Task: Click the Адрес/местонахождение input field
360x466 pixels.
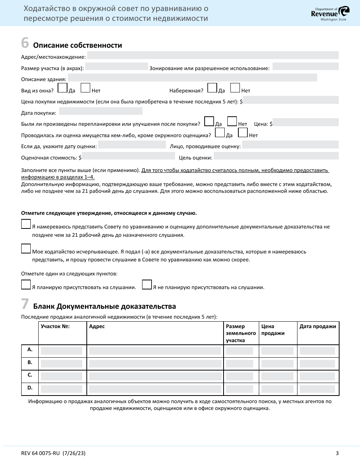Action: pyautogui.click(x=213, y=55)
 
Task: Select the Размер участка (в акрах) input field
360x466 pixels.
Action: pyautogui.click(x=117, y=67)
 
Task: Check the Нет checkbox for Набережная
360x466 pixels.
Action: pyautogui.click(x=235, y=88)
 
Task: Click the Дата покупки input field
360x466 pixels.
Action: pyautogui.click(x=101, y=111)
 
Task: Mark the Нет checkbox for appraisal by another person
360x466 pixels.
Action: pyautogui.click(x=243, y=133)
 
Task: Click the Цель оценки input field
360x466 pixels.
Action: pyautogui.click(x=276, y=156)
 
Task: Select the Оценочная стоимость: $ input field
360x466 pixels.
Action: pyautogui.click(x=128, y=156)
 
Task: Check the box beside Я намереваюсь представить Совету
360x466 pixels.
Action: pyautogui.click(x=26, y=224)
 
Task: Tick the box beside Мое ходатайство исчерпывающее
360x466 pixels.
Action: pyautogui.click(x=26, y=249)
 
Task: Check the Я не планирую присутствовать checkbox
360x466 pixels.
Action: pyautogui.click(x=147, y=285)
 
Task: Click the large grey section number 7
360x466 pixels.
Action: pyautogui.click(x=25, y=304)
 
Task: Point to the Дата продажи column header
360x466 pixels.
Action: pyautogui.click(x=318, y=327)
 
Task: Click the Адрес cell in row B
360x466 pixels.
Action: pyautogui.click(x=155, y=364)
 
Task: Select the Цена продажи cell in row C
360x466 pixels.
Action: pyautogui.click(x=277, y=376)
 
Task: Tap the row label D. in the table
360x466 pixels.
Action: pyautogui.click(x=30, y=388)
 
